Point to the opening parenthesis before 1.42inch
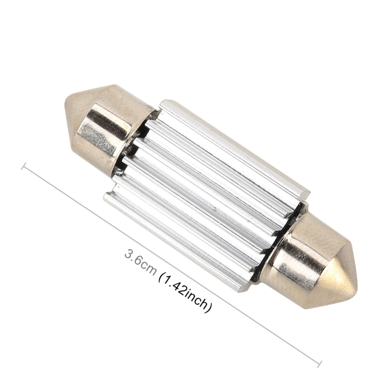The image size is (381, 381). (x=161, y=276)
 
